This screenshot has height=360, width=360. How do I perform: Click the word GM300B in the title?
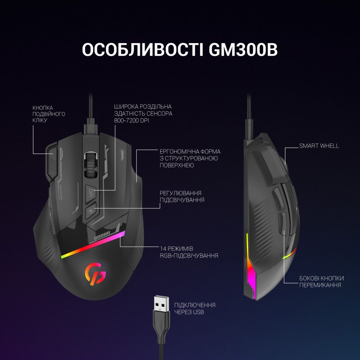pyautogui.click(x=243, y=49)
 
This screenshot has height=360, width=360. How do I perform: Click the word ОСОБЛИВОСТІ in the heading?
pyautogui.click(x=143, y=49)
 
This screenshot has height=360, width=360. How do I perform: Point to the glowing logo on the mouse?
pyautogui.click(x=95, y=274)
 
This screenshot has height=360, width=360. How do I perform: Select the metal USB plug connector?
pyautogui.click(x=161, y=304)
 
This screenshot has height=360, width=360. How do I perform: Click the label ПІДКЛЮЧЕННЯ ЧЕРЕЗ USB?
pyautogui.click(x=195, y=309)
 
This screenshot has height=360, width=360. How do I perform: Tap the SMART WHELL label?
pyautogui.click(x=319, y=146)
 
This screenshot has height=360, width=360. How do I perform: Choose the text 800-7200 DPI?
pyautogui.click(x=131, y=121)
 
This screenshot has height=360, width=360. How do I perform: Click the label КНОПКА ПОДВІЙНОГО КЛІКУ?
pyautogui.click(x=49, y=114)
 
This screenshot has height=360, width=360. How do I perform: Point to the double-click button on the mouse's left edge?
pyautogui.click(x=52, y=162)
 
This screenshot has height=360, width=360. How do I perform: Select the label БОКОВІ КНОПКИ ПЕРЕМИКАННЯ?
pyautogui.click(x=321, y=282)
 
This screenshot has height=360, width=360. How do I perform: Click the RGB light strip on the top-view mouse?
pyautogui.click(x=93, y=245)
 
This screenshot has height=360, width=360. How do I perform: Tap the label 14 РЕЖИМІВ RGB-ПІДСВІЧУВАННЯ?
pyautogui.click(x=189, y=252)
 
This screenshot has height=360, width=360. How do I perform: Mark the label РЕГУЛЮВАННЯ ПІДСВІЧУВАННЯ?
pyautogui.click(x=182, y=197)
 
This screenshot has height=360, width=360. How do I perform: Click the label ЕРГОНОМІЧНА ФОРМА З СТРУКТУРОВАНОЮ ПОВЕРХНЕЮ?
pyautogui.click(x=190, y=158)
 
